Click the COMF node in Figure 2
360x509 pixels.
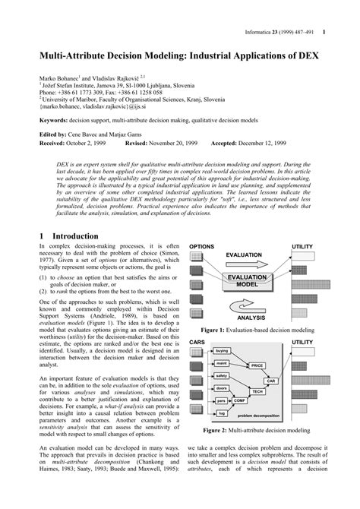point(239,400)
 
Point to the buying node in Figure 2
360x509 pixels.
point(221,351)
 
